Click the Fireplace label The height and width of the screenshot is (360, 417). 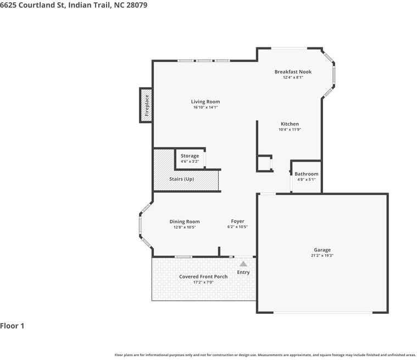(147, 106)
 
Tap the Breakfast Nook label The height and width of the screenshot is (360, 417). (293, 72)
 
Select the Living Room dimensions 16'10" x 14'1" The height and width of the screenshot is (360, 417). (205, 107)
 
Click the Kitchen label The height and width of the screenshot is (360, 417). (290, 124)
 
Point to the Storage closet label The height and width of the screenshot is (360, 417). (190, 156)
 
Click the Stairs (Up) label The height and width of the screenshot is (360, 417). (182, 179)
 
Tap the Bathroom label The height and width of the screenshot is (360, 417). (307, 174)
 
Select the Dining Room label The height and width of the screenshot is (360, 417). (185, 221)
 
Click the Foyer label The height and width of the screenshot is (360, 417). (237, 221)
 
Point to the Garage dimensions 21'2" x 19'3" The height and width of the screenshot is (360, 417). (322, 256)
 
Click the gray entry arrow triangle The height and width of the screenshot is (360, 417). (243, 264)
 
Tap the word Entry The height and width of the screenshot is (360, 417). (243, 273)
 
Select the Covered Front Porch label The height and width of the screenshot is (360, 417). (203, 276)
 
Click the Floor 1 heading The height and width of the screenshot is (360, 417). (12, 326)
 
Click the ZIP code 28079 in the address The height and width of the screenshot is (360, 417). (137, 5)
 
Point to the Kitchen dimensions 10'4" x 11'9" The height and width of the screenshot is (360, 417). (290, 130)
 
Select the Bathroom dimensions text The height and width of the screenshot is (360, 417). (307, 180)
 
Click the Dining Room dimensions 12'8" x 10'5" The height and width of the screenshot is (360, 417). (185, 227)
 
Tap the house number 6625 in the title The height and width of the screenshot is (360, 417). (8, 5)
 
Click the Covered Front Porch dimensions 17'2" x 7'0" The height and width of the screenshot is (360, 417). (203, 283)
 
